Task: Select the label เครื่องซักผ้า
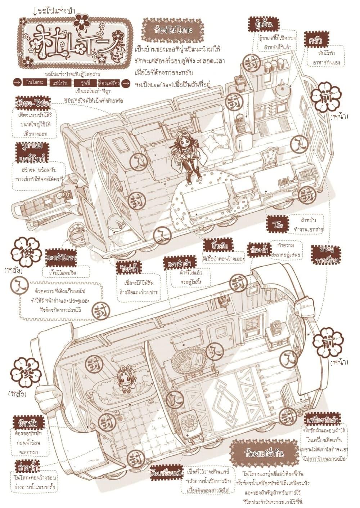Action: (x=324, y=420)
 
